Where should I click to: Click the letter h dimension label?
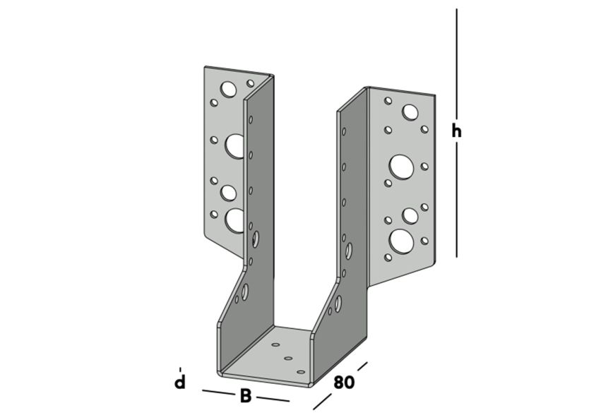click(x=457, y=131)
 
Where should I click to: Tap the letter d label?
click(x=181, y=383)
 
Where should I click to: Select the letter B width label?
click(x=245, y=396)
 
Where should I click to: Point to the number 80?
click(x=343, y=383)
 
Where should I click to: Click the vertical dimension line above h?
click(x=457, y=64)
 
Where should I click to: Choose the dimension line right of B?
click(x=273, y=399)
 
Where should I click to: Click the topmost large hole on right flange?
click(x=410, y=112)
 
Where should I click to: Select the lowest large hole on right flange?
click(x=401, y=240)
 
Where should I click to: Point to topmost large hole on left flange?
click(x=228, y=89)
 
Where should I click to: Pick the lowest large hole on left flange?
click(x=234, y=220)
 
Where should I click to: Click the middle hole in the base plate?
click(x=288, y=359)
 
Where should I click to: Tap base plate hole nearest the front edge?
click(x=301, y=371)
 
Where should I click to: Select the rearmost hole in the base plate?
click(x=276, y=347)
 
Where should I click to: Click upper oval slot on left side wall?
click(x=255, y=239)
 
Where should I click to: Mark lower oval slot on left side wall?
click(x=244, y=292)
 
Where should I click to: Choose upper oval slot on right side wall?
click(x=349, y=251)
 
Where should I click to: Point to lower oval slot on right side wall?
click(x=338, y=304)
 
